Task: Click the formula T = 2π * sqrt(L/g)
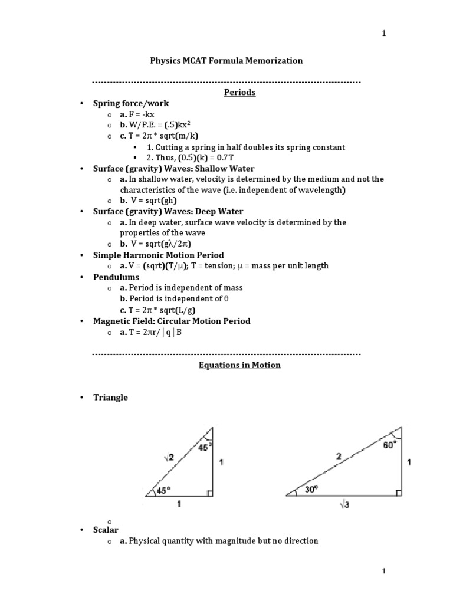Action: point(155,310)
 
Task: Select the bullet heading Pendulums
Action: point(116,277)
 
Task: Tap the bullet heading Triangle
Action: point(110,398)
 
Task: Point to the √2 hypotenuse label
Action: point(169,455)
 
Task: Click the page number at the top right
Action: point(384,33)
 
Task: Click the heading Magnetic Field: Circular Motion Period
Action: point(172,321)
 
